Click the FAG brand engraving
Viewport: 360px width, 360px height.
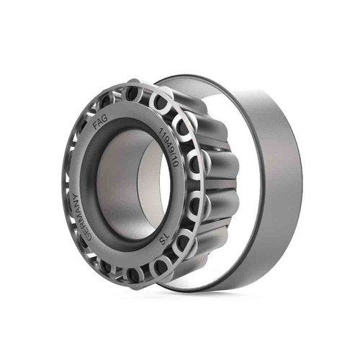(x=100, y=122)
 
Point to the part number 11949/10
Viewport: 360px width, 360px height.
(x=169, y=147)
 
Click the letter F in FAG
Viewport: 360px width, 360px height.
(x=96, y=126)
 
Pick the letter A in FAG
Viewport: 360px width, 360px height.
(x=100, y=122)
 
